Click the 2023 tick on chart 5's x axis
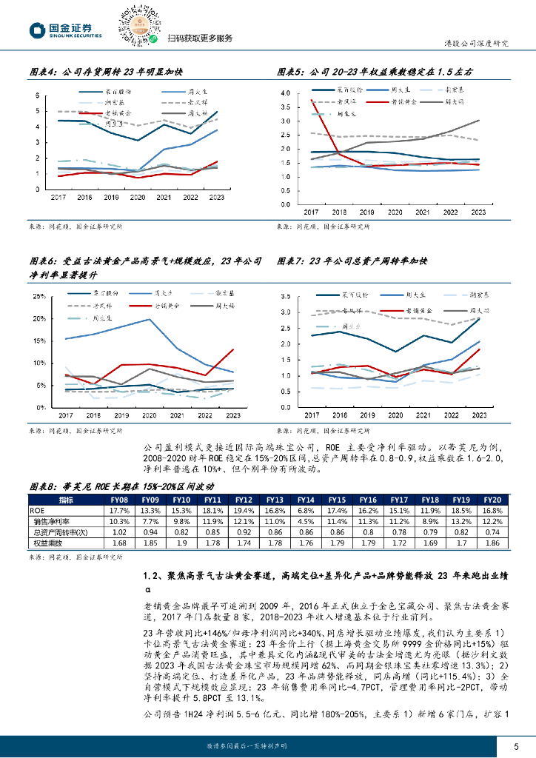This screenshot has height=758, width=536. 478,212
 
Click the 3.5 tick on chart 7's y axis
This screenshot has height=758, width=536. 288,296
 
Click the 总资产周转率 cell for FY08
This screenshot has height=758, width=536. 119,532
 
